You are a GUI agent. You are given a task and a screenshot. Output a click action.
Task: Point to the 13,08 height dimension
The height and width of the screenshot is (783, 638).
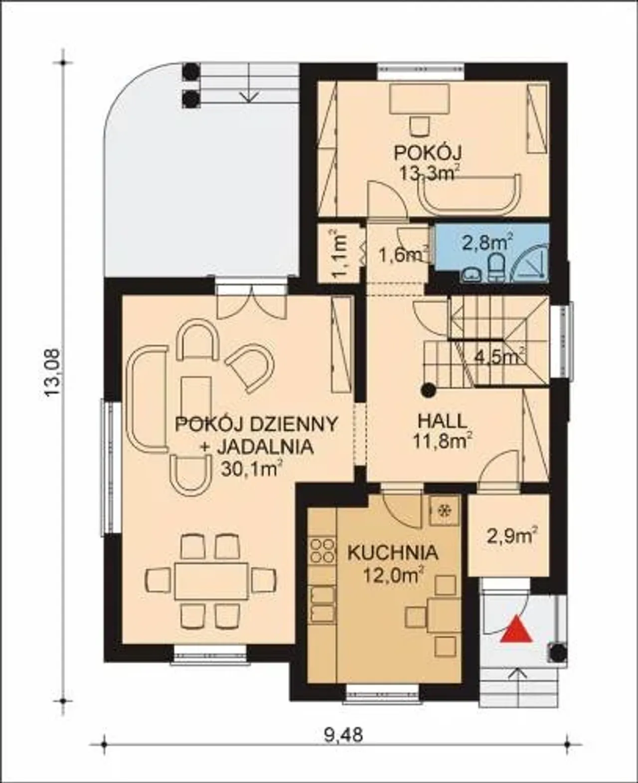[52, 372]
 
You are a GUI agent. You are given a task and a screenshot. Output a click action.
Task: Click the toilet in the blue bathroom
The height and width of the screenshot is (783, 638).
[496, 267]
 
